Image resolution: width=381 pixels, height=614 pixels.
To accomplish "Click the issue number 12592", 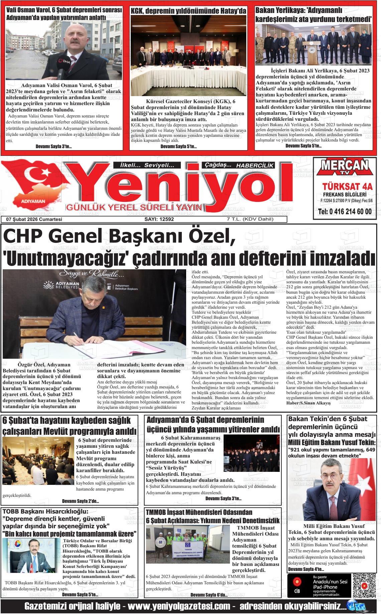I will [159, 219].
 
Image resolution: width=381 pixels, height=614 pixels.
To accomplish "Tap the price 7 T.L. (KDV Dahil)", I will [250, 219].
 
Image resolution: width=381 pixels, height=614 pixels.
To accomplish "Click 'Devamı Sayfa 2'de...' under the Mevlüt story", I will [80, 501].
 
